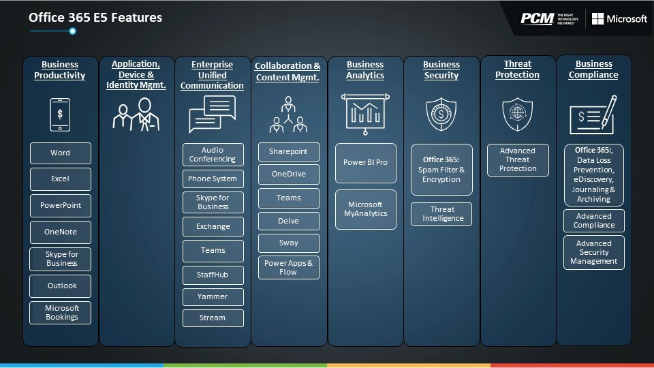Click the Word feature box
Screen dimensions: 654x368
pos(61,153)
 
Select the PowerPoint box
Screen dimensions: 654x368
pos(61,206)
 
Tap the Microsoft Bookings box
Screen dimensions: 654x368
pos(61,313)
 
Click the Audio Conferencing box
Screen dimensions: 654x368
pos(213,155)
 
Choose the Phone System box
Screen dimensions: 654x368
pos(213,179)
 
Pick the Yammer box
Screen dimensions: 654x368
pos(213,296)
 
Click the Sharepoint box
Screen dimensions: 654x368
pos(289,152)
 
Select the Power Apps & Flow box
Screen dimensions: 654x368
pos(289,267)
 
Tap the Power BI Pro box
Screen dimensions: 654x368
pos(366,163)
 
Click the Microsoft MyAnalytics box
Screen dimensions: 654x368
pos(366,209)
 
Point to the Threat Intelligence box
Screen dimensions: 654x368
pos(441,214)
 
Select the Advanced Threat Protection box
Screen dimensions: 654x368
pos(518,160)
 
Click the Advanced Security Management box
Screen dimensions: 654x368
pos(594,252)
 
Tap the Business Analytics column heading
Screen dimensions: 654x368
pos(365,70)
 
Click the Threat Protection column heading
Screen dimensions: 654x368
pos(517,70)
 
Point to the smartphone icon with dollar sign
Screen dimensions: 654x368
pos(60,114)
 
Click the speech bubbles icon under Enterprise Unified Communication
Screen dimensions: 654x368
pos(213,114)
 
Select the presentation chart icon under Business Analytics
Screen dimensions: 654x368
pos(365,114)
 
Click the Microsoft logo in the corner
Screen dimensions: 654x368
pos(619,19)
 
